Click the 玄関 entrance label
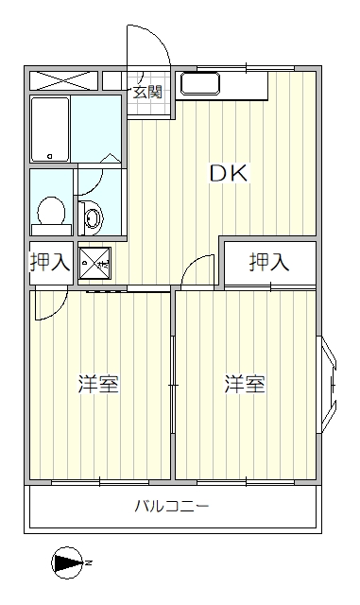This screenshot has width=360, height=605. point(146,92)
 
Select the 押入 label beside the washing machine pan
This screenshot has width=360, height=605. point(49,263)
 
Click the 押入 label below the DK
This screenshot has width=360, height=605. point(269,263)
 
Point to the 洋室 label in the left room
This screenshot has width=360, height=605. point(97,385)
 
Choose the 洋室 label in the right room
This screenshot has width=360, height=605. point(245,385)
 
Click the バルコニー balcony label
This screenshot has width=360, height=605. point(171,506)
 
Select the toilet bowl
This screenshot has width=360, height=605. point(50,212)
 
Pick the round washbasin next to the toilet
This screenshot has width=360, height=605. point(93,218)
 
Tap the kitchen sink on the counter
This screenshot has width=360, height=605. point(199,85)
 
